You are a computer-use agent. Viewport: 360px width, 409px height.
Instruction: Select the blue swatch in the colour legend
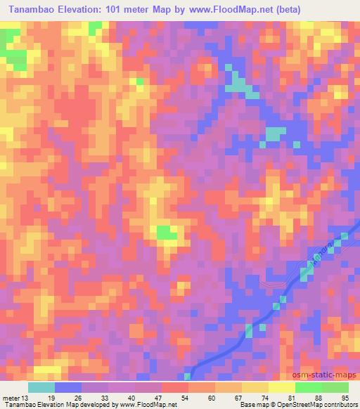tap(67, 388)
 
